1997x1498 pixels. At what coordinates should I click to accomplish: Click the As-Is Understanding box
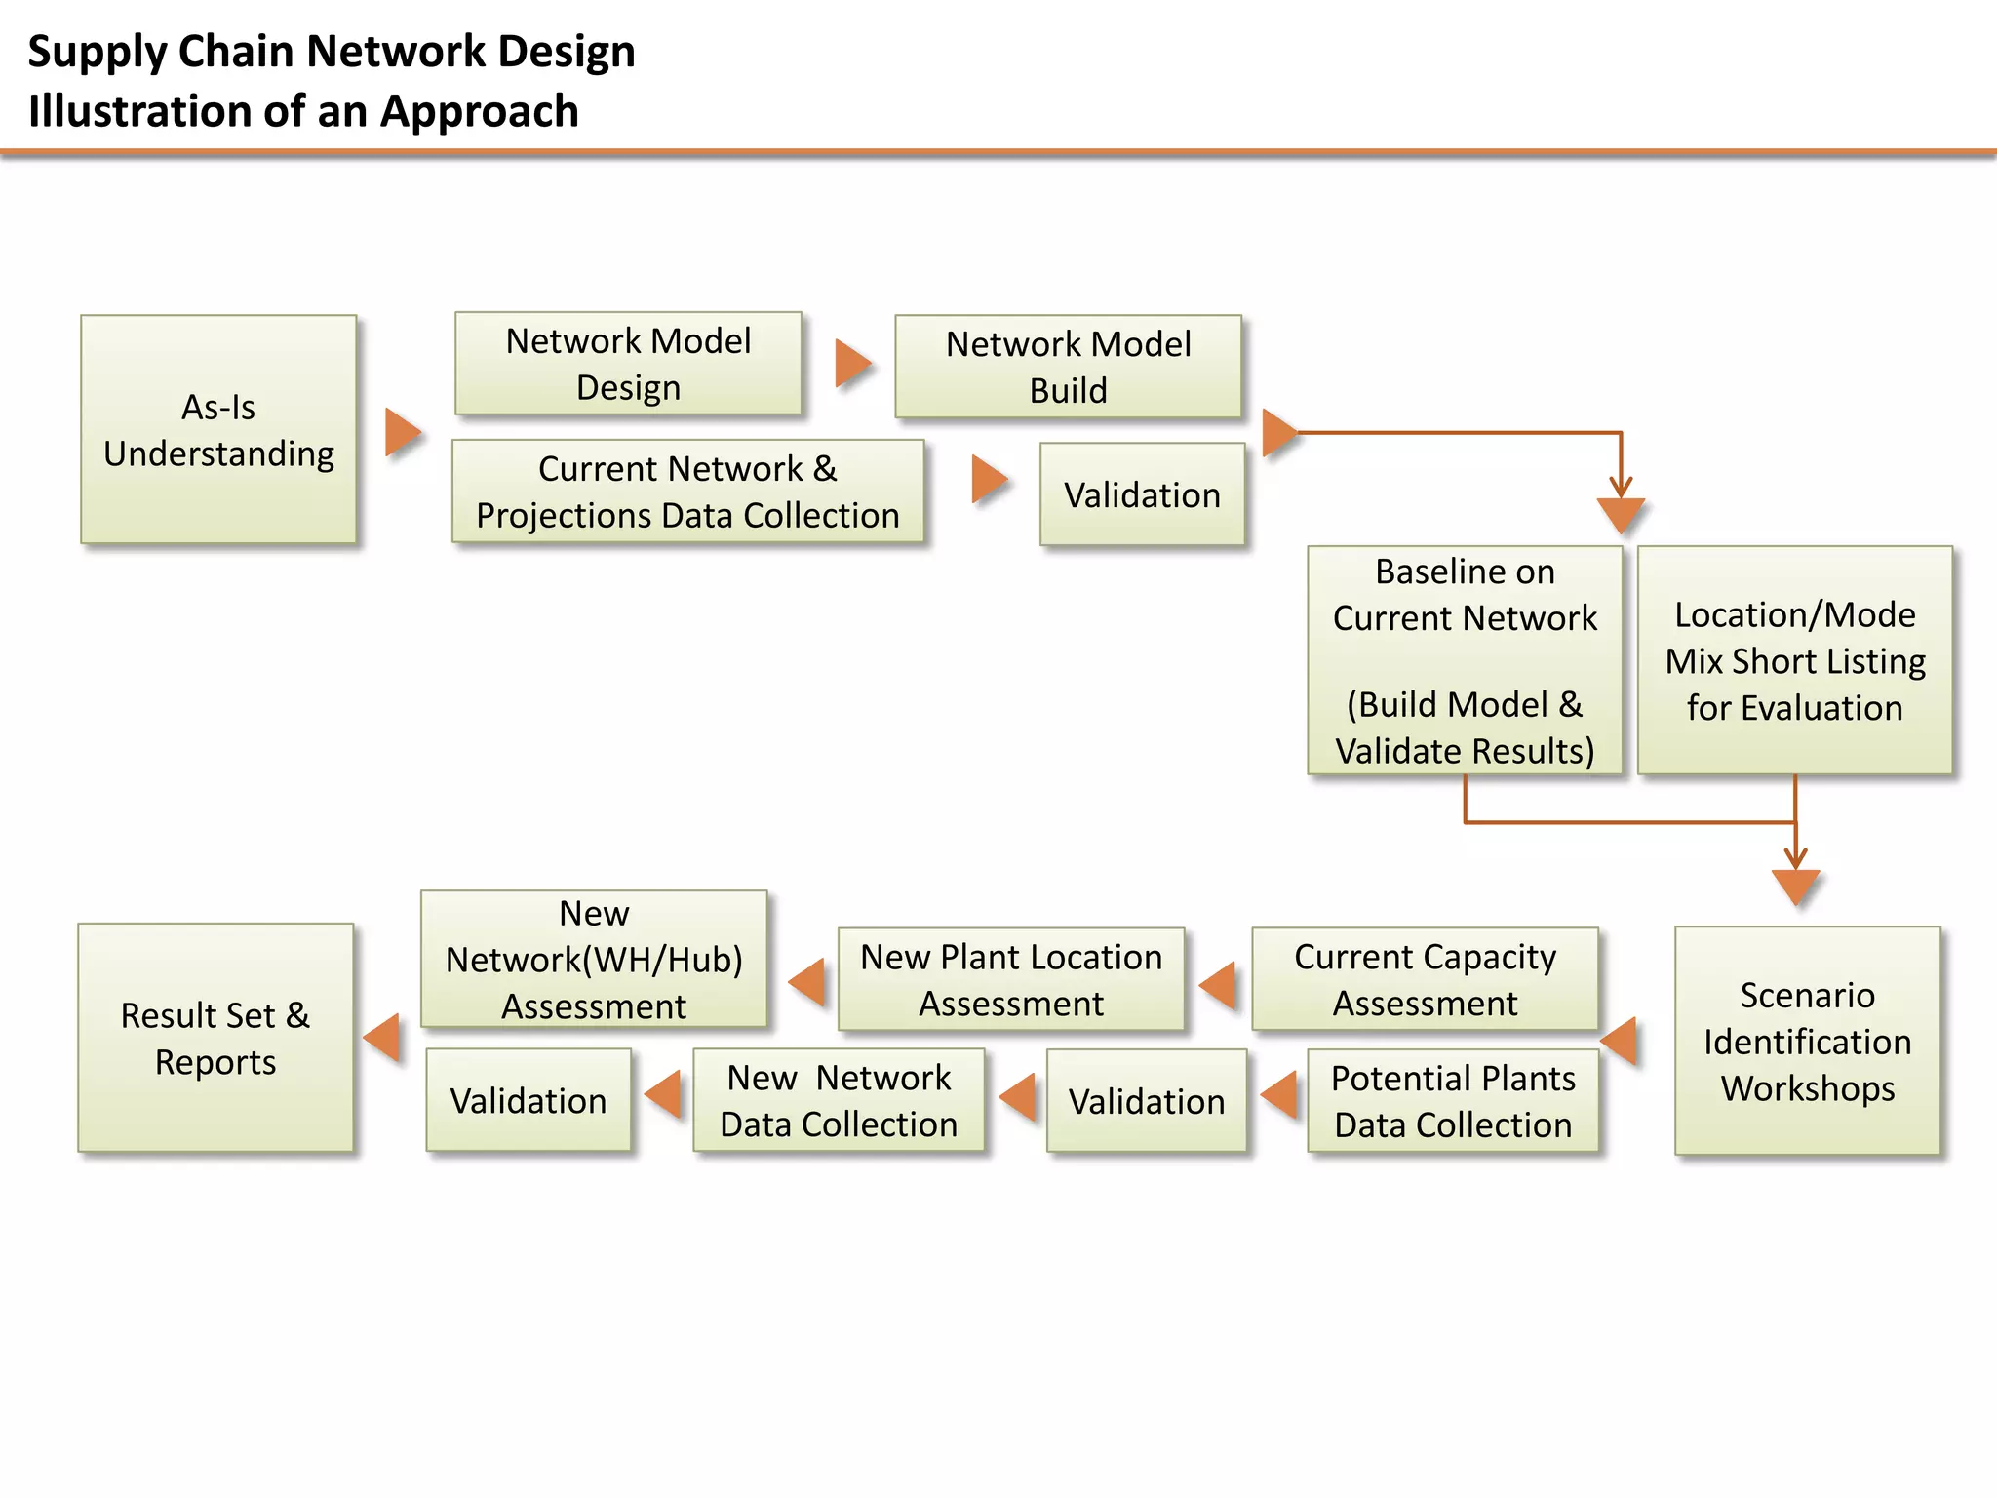[x=218, y=429]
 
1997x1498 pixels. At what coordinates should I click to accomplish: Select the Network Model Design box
[x=628, y=364]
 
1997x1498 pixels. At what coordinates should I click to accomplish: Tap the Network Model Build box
[x=1068, y=367]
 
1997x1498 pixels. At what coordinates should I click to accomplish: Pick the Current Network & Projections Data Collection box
[x=687, y=492]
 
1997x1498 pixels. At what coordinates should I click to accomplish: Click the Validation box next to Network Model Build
[x=1142, y=494]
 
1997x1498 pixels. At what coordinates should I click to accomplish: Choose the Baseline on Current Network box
[x=1465, y=660]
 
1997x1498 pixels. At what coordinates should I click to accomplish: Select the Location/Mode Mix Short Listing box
[x=1794, y=660]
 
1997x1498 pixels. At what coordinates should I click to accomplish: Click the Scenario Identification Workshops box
[x=1807, y=1041]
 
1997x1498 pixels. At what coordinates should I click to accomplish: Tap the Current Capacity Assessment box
[x=1425, y=979]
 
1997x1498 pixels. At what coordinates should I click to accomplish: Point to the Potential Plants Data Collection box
[x=1453, y=1101]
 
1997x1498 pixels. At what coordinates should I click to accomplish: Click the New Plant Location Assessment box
[x=1011, y=979]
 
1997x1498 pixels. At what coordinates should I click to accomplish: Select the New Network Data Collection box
[x=839, y=1100]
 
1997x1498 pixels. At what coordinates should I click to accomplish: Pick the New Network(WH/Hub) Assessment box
[x=594, y=960]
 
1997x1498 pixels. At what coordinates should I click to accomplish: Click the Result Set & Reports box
[x=215, y=1038]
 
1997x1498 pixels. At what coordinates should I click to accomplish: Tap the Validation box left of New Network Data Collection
[x=529, y=1100]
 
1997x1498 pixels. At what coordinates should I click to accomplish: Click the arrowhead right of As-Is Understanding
[x=401, y=432]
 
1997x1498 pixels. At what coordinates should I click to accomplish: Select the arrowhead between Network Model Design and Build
[x=851, y=364]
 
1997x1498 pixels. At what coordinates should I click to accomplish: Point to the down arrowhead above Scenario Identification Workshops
[x=1795, y=886]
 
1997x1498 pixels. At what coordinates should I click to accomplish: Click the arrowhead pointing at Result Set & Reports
[x=383, y=1037]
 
